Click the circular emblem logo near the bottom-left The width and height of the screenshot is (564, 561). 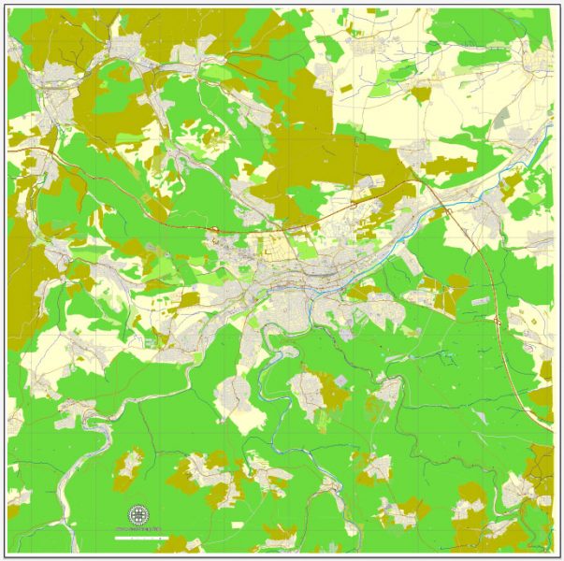(138, 515)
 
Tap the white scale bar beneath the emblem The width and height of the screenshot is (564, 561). (138, 537)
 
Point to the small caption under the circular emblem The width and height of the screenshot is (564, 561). (138, 529)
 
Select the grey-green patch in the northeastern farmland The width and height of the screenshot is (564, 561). (502, 117)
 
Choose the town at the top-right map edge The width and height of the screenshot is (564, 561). (538, 62)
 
